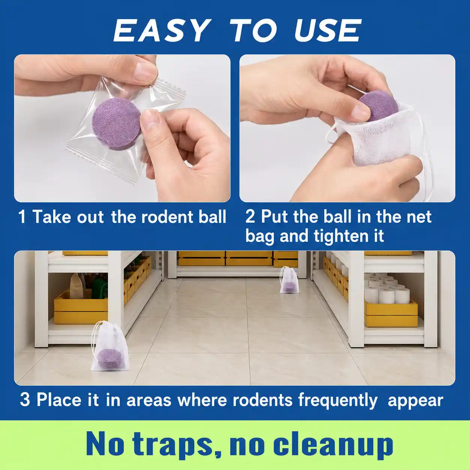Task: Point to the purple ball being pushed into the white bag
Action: [379, 107]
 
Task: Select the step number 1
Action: [22, 216]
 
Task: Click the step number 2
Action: [250, 216]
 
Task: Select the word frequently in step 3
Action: [338, 401]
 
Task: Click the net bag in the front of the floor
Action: [109, 349]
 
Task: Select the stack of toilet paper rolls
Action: [387, 289]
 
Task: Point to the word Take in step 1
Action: [52, 216]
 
